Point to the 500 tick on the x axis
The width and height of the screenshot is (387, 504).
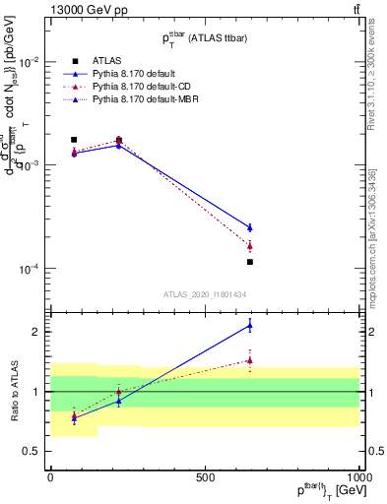pyautogui.click(x=205, y=475)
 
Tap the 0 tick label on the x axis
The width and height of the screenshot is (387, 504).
pyautogui.click(x=50, y=475)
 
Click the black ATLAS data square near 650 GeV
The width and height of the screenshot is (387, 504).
pyautogui.click(x=250, y=262)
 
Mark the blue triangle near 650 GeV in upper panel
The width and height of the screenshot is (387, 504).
pyautogui.click(x=250, y=227)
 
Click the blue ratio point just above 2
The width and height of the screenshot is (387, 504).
pyautogui.click(x=250, y=325)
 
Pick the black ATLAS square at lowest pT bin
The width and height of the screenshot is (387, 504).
pyautogui.click(x=74, y=140)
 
